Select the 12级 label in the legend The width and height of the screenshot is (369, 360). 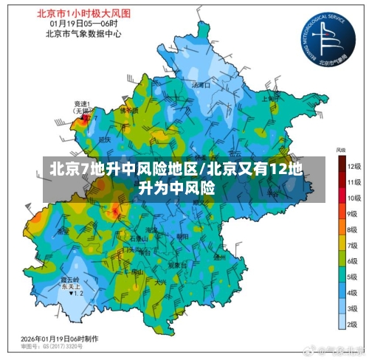354,166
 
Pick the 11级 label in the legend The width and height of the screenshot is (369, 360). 354,182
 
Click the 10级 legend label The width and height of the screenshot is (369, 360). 354,198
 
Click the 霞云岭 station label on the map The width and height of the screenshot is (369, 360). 70,280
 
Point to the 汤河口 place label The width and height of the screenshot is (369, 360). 201,86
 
